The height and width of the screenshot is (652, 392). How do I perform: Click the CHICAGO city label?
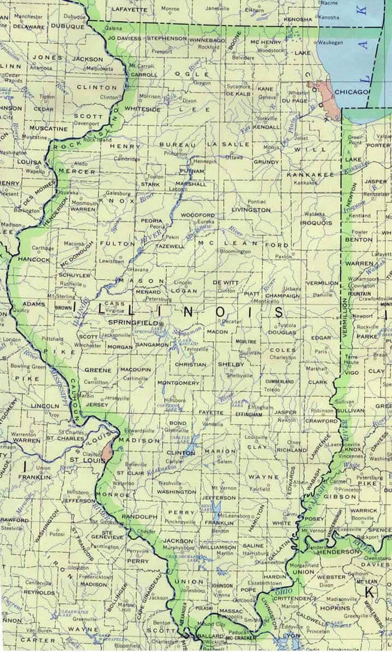(352, 92)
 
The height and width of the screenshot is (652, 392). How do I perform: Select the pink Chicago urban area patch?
(322, 93)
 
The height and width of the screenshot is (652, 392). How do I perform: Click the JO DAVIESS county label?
(124, 39)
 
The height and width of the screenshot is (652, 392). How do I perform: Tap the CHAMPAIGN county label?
(284, 295)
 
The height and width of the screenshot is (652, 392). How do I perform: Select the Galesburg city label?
(119, 193)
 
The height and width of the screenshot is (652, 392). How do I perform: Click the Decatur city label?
(231, 322)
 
